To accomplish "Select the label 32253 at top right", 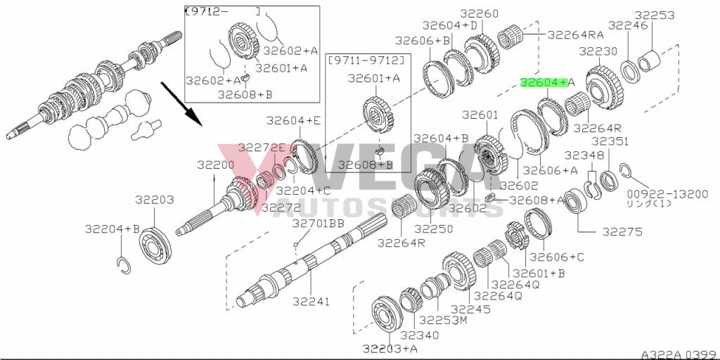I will (x=655, y=14).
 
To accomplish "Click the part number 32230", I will (x=598, y=51).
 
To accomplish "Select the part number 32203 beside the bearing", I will (x=154, y=200).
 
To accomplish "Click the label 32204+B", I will (x=113, y=229).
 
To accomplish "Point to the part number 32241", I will (x=311, y=302).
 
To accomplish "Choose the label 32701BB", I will (x=318, y=224).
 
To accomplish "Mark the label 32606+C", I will (x=557, y=257).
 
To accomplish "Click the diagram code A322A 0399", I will (x=677, y=354).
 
